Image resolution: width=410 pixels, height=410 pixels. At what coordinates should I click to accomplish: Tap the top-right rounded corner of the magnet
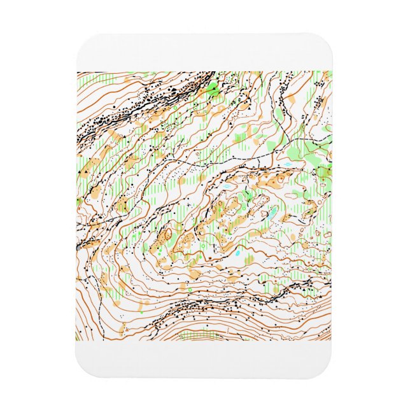tap(329, 39)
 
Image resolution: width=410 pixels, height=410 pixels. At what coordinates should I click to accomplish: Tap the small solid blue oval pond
tap(237, 253)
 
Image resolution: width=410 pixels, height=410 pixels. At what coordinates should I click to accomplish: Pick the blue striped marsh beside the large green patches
tap(288, 164)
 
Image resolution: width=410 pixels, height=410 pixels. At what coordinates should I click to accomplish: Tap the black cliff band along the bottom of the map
tap(191, 312)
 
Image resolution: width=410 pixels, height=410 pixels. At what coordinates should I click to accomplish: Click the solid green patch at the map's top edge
tap(214, 89)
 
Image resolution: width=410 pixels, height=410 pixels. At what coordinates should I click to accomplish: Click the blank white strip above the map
tap(204, 54)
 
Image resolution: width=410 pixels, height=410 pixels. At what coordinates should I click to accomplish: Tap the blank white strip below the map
tap(204, 357)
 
